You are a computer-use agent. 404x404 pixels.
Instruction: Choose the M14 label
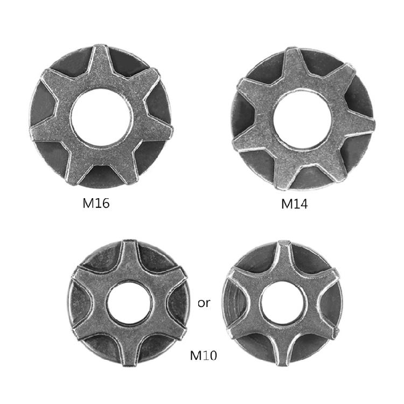[x=294, y=204]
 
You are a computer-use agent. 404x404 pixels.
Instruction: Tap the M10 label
[x=203, y=356]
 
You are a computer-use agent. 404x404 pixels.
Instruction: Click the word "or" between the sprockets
[x=204, y=303]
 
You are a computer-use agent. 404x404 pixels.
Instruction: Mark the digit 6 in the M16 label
[x=106, y=204]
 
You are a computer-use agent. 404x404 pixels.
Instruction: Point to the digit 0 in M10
[x=212, y=356]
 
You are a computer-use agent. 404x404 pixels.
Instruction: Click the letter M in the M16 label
[x=88, y=204]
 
